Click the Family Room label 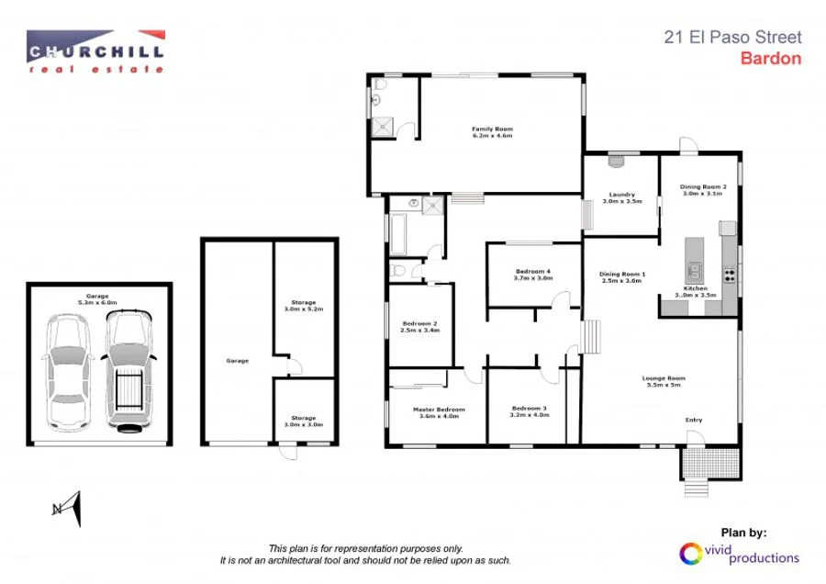[492, 132]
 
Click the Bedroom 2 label [419, 326]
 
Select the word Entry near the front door [694, 421]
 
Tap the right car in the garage [128, 370]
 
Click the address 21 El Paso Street [732, 38]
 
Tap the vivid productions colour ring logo [689, 554]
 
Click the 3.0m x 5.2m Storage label [304, 306]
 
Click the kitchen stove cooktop [730, 274]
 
